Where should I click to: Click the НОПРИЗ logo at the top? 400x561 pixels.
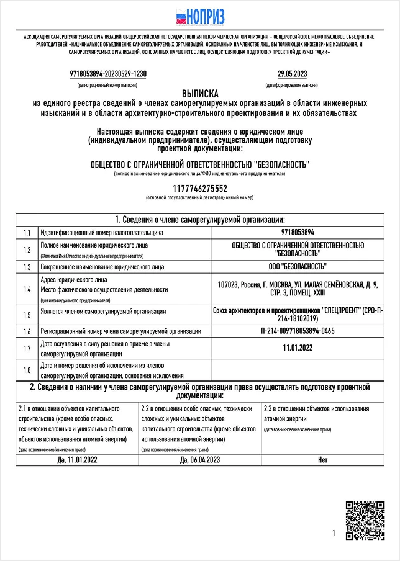[x=200, y=17]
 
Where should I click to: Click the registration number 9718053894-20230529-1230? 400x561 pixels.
[x=108, y=73]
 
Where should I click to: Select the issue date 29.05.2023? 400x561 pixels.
[x=292, y=73]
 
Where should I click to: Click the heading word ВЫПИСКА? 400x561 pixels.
[x=200, y=92]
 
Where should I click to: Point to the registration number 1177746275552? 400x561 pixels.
[x=199, y=188]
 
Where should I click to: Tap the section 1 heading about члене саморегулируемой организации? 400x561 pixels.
[x=200, y=220]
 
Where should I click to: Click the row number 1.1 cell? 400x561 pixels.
[x=27, y=233]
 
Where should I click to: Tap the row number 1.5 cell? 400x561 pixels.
[x=27, y=314]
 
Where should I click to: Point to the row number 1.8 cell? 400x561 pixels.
[x=27, y=371]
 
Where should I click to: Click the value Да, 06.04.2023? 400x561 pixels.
[x=200, y=460]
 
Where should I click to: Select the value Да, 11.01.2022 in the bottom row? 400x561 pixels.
[x=77, y=460]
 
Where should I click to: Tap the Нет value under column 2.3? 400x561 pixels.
[x=322, y=460]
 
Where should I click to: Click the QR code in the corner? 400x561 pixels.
[x=365, y=520]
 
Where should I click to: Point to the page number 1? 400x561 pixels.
[x=334, y=532]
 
